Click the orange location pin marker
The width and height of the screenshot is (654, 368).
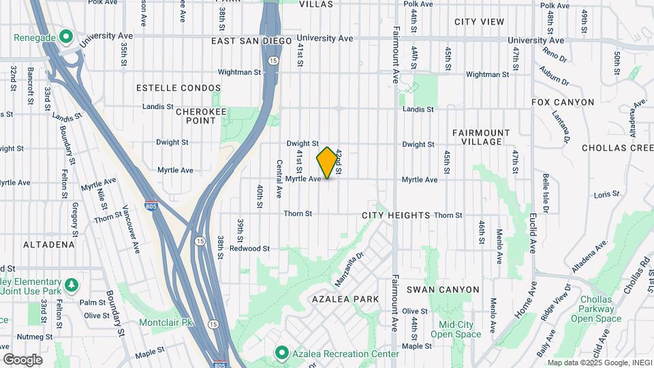328,163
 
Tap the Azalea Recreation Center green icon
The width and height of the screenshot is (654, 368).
281,352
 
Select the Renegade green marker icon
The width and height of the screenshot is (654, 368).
66,35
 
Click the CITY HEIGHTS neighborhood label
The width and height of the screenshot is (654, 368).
396,215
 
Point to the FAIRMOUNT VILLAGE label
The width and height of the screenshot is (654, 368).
481,138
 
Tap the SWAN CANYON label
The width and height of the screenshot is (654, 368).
443,290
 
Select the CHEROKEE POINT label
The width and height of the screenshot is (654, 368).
196,116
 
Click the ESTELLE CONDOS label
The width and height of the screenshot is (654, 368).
178,88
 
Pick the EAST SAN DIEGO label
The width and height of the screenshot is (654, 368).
251,41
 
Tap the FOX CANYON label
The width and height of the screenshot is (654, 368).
563,102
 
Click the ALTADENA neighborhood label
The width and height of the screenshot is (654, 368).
48,244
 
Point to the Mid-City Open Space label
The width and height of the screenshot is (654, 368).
456,329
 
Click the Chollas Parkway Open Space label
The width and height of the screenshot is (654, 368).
596,309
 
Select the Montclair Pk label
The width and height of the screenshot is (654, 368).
167,322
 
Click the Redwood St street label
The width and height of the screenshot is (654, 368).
249,249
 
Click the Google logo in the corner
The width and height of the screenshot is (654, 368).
22,360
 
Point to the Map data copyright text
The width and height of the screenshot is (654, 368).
598,363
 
